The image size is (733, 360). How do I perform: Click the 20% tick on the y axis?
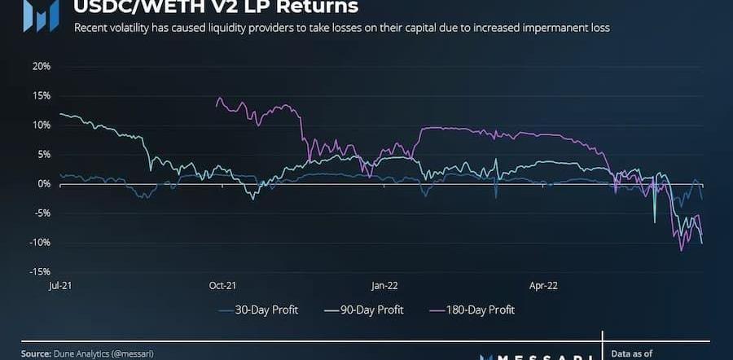click(x=40, y=66)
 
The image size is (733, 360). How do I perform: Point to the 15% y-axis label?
click(x=40, y=95)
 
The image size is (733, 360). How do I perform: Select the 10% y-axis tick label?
click(x=40, y=125)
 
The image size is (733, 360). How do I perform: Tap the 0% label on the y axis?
click(x=43, y=183)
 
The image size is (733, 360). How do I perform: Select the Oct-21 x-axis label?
click(x=222, y=286)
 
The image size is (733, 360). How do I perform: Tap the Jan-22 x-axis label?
click(x=384, y=286)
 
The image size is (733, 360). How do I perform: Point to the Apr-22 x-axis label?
click(x=543, y=286)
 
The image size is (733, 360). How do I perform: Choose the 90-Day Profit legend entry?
click(x=363, y=310)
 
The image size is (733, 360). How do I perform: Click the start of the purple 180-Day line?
click(x=216, y=105)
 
